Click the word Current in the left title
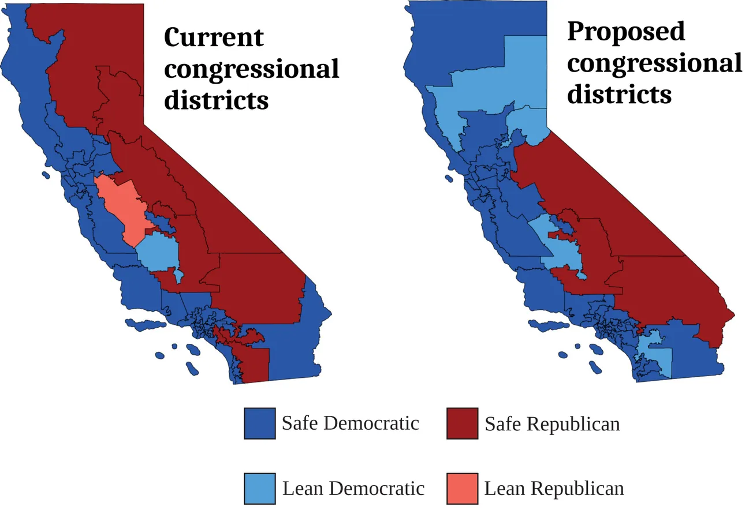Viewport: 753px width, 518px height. [214, 38]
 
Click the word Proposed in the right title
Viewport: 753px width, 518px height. [626, 31]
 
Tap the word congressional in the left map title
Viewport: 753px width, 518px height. [252, 69]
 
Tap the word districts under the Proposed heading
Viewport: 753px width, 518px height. [619, 93]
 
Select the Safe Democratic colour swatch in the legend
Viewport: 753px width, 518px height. [259, 423]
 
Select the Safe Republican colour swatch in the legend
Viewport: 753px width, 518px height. [462, 423]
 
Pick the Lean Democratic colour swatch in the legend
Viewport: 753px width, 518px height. [259, 488]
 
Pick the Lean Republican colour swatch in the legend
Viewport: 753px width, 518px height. [462, 488]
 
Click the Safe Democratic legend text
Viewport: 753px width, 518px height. [350, 423]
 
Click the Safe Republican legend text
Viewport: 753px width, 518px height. [552, 424]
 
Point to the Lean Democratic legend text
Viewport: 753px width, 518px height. [353, 489]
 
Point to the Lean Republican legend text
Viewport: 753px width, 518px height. [554, 489]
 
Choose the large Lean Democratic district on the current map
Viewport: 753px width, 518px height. [157, 252]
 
